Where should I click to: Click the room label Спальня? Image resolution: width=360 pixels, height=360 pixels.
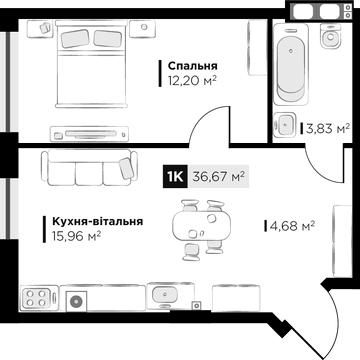click(x=192, y=66)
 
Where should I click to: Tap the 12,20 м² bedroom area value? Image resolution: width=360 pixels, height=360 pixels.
click(x=190, y=80)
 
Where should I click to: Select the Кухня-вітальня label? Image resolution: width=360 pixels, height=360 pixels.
click(x=98, y=221)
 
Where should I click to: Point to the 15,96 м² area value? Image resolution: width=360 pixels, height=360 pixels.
click(x=77, y=236)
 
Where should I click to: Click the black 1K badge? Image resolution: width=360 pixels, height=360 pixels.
click(x=175, y=176)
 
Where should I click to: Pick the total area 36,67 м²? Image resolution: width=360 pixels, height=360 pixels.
click(x=219, y=176)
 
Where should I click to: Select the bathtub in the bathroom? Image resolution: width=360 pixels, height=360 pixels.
click(x=291, y=67)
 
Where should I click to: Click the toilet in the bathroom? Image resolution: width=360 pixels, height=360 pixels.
click(x=331, y=36)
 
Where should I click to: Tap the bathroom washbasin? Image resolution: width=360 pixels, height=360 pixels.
click(x=285, y=124)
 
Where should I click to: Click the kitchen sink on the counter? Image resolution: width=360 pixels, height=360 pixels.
click(x=166, y=295)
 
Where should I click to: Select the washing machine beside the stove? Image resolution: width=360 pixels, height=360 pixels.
click(x=77, y=301)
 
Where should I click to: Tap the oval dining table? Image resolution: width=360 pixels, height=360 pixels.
click(x=202, y=226)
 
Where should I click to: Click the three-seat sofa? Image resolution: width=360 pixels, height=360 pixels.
click(x=89, y=167)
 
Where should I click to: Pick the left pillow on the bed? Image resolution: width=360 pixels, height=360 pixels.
click(x=75, y=38)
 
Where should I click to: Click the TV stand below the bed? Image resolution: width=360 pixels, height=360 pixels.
click(x=89, y=134)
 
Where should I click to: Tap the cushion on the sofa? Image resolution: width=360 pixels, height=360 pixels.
click(x=127, y=168)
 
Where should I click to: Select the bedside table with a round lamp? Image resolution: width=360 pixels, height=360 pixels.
click(x=143, y=28)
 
